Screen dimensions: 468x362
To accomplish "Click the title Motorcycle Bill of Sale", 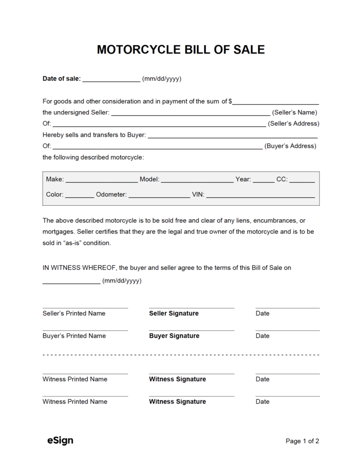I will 181,49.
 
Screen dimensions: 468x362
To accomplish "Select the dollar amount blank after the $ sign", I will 276,102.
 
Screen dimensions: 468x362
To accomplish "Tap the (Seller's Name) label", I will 295,113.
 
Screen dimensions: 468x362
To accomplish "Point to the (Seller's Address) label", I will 293,124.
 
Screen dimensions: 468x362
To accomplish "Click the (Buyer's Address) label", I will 290,146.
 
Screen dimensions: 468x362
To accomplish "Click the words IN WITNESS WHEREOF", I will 80,268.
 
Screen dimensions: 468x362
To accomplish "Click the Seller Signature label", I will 174,314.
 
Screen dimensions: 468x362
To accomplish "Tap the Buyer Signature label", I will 174,336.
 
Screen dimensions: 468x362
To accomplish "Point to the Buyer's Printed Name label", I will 74,336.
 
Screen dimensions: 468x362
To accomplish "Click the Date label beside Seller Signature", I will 263,314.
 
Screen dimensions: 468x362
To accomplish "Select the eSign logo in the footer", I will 60,441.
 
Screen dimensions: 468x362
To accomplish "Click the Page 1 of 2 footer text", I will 302,441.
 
